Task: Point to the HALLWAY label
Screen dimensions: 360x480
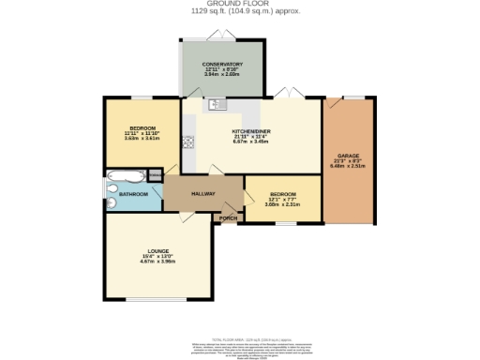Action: point(203,194)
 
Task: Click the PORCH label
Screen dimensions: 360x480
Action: point(228,217)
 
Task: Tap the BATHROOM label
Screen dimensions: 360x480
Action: point(132,194)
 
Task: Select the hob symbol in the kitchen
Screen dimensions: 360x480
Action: point(187,142)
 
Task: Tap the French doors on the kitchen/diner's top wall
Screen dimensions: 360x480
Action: point(287,94)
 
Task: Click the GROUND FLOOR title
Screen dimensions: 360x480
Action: point(239,4)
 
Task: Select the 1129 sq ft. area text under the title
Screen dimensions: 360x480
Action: point(239,11)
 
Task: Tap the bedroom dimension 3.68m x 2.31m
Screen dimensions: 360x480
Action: point(281,204)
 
